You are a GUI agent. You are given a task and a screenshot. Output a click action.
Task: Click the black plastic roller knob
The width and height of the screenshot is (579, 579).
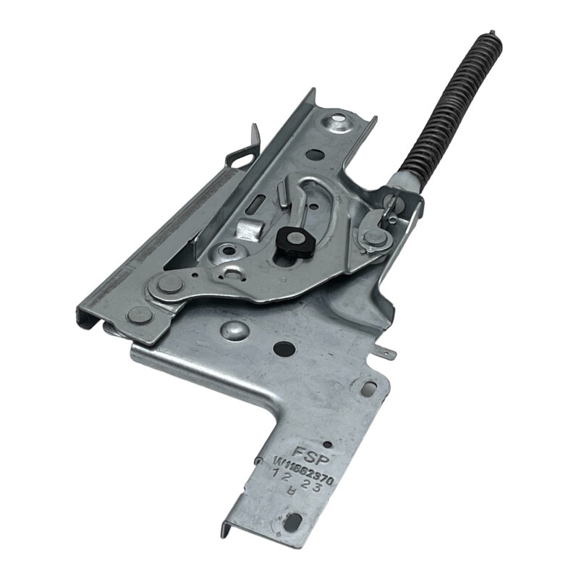click(x=293, y=241)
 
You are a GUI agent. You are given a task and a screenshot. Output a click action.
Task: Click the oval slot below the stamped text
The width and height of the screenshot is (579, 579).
click(x=293, y=520)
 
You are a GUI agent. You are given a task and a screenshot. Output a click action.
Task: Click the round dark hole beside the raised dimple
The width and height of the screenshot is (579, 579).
click(x=284, y=348)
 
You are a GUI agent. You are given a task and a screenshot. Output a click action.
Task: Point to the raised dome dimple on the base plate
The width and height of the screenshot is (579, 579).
click(x=234, y=330)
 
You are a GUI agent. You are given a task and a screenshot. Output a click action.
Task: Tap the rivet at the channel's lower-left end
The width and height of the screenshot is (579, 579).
click(x=139, y=315)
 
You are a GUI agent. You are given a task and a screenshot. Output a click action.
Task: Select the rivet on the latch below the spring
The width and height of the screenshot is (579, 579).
click(x=373, y=237)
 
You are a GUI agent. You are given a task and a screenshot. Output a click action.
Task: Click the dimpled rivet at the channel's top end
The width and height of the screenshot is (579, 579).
click(x=339, y=122)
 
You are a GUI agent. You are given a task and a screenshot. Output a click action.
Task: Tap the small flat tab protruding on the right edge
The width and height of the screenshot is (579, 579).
click(x=387, y=354)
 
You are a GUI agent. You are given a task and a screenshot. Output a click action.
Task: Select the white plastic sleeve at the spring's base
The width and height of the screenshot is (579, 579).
click(x=400, y=182)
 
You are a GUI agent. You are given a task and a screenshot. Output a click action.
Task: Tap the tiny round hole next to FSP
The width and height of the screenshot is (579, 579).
click(x=326, y=444)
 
